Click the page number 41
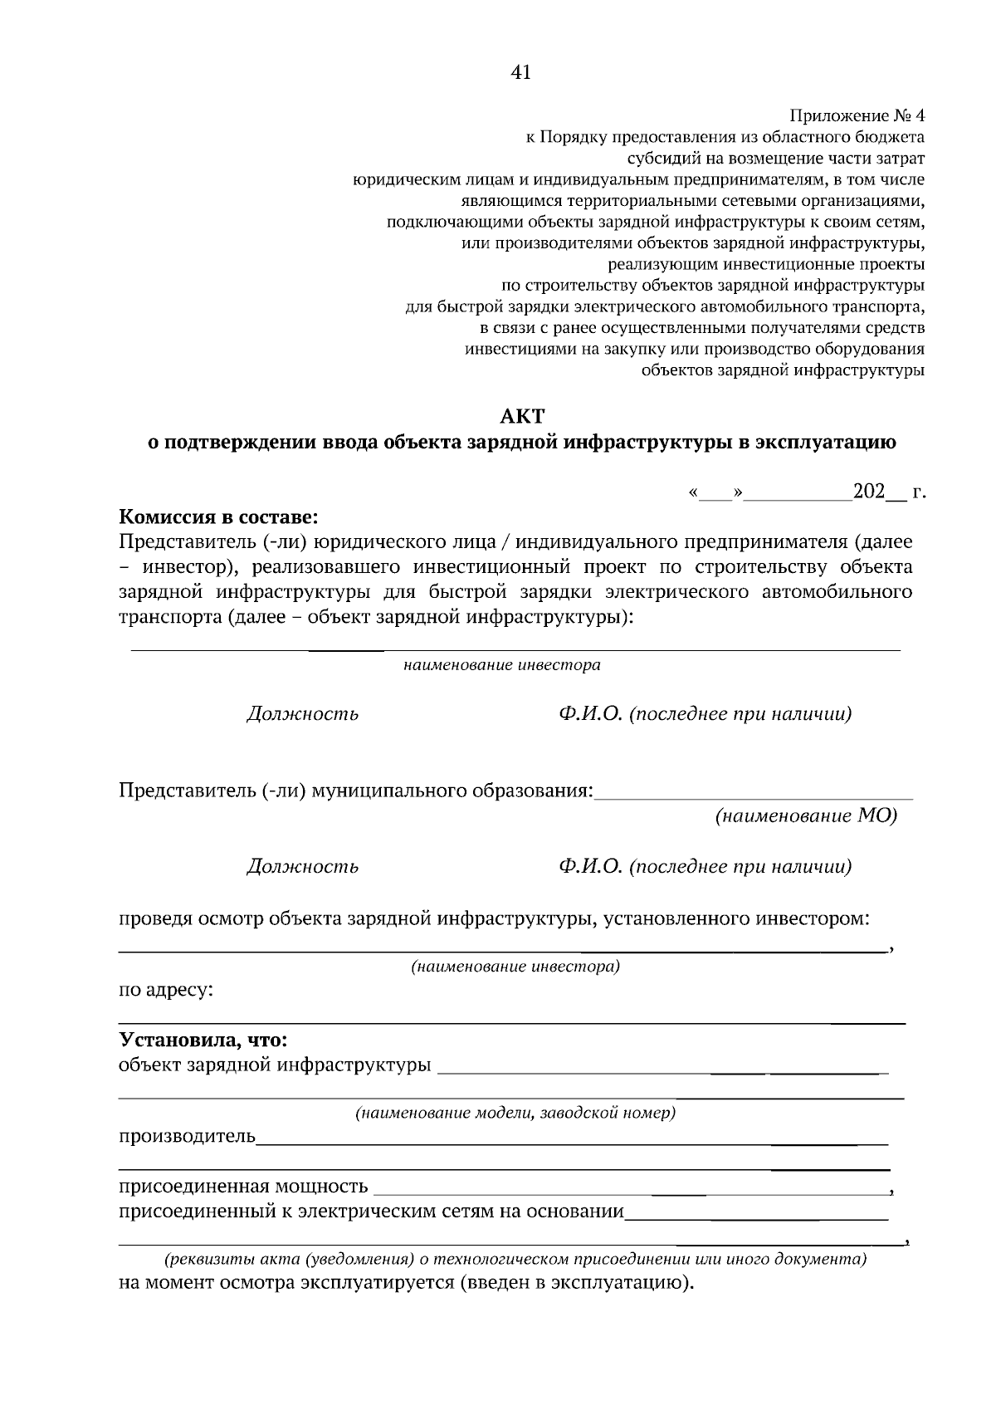tap(520, 72)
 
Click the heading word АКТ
tap(521, 415)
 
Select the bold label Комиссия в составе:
tap(218, 517)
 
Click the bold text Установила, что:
tap(203, 1040)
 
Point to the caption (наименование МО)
tap(806, 815)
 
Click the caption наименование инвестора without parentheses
tap(502, 665)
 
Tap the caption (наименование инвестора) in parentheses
tap(515, 967)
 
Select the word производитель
tap(188, 1135)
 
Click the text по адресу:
tap(167, 990)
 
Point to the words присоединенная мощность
tap(243, 1185)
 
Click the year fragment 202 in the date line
tap(869, 492)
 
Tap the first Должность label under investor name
tap(303, 714)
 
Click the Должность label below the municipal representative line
tap(303, 867)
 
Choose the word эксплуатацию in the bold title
tap(824, 443)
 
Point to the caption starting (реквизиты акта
tap(515, 1259)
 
